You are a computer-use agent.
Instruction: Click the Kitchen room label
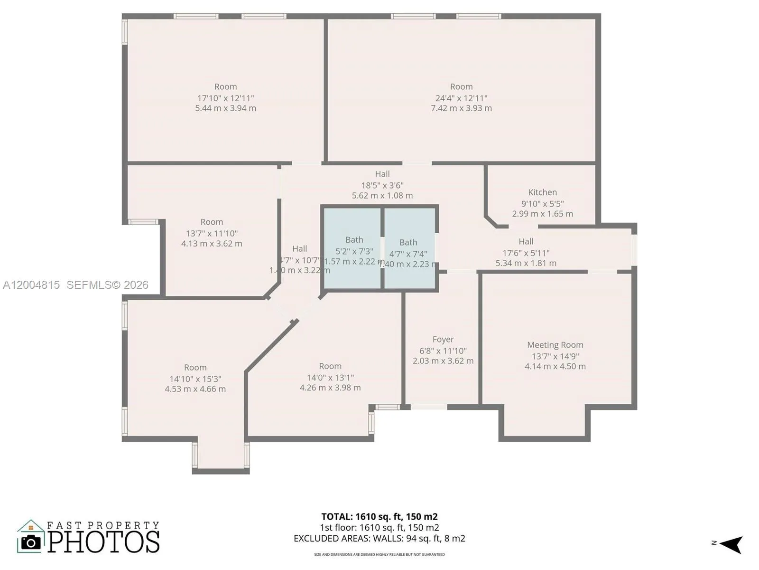(x=542, y=192)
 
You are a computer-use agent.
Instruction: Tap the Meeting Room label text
(x=555, y=345)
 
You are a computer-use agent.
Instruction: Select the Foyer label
(x=443, y=339)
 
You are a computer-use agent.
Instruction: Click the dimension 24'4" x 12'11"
(x=461, y=98)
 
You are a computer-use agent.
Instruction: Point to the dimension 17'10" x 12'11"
(x=225, y=98)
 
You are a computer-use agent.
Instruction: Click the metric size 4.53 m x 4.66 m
(x=195, y=389)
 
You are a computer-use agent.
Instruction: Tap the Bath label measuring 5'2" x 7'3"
(x=354, y=240)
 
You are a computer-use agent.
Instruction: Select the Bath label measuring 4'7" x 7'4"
(x=408, y=242)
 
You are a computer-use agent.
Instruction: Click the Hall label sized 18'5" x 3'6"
(x=382, y=174)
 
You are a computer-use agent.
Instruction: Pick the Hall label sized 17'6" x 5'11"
(x=526, y=241)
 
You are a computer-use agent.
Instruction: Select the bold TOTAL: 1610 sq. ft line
(x=379, y=516)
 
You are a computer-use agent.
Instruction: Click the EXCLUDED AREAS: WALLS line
(x=379, y=538)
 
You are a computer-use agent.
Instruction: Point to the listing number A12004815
(x=31, y=285)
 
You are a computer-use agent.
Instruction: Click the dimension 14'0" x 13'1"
(x=330, y=378)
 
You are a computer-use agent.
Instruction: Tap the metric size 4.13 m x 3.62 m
(x=211, y=244)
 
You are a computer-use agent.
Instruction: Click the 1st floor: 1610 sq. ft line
(x=379, y=527)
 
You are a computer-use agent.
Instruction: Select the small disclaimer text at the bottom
(x=379, y=554)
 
